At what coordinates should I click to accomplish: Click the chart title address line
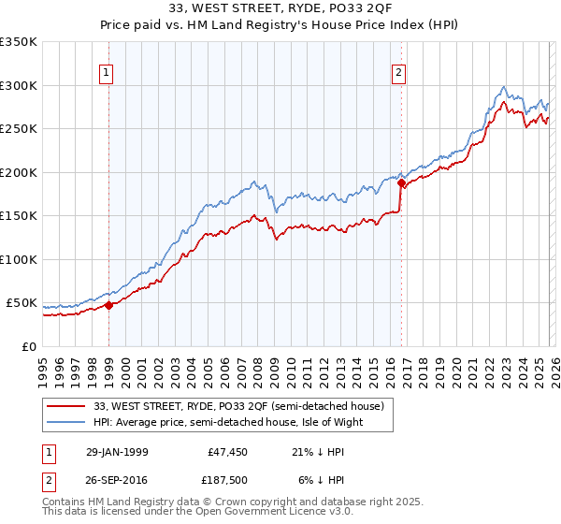(280, 9)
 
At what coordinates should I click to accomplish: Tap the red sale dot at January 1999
(109, 305)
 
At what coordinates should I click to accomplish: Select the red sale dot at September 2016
(401, 184)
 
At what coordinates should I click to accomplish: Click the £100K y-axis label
(19, 259)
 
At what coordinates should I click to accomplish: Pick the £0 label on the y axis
(28, 346)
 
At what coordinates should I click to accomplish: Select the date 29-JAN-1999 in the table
(117, 451)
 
